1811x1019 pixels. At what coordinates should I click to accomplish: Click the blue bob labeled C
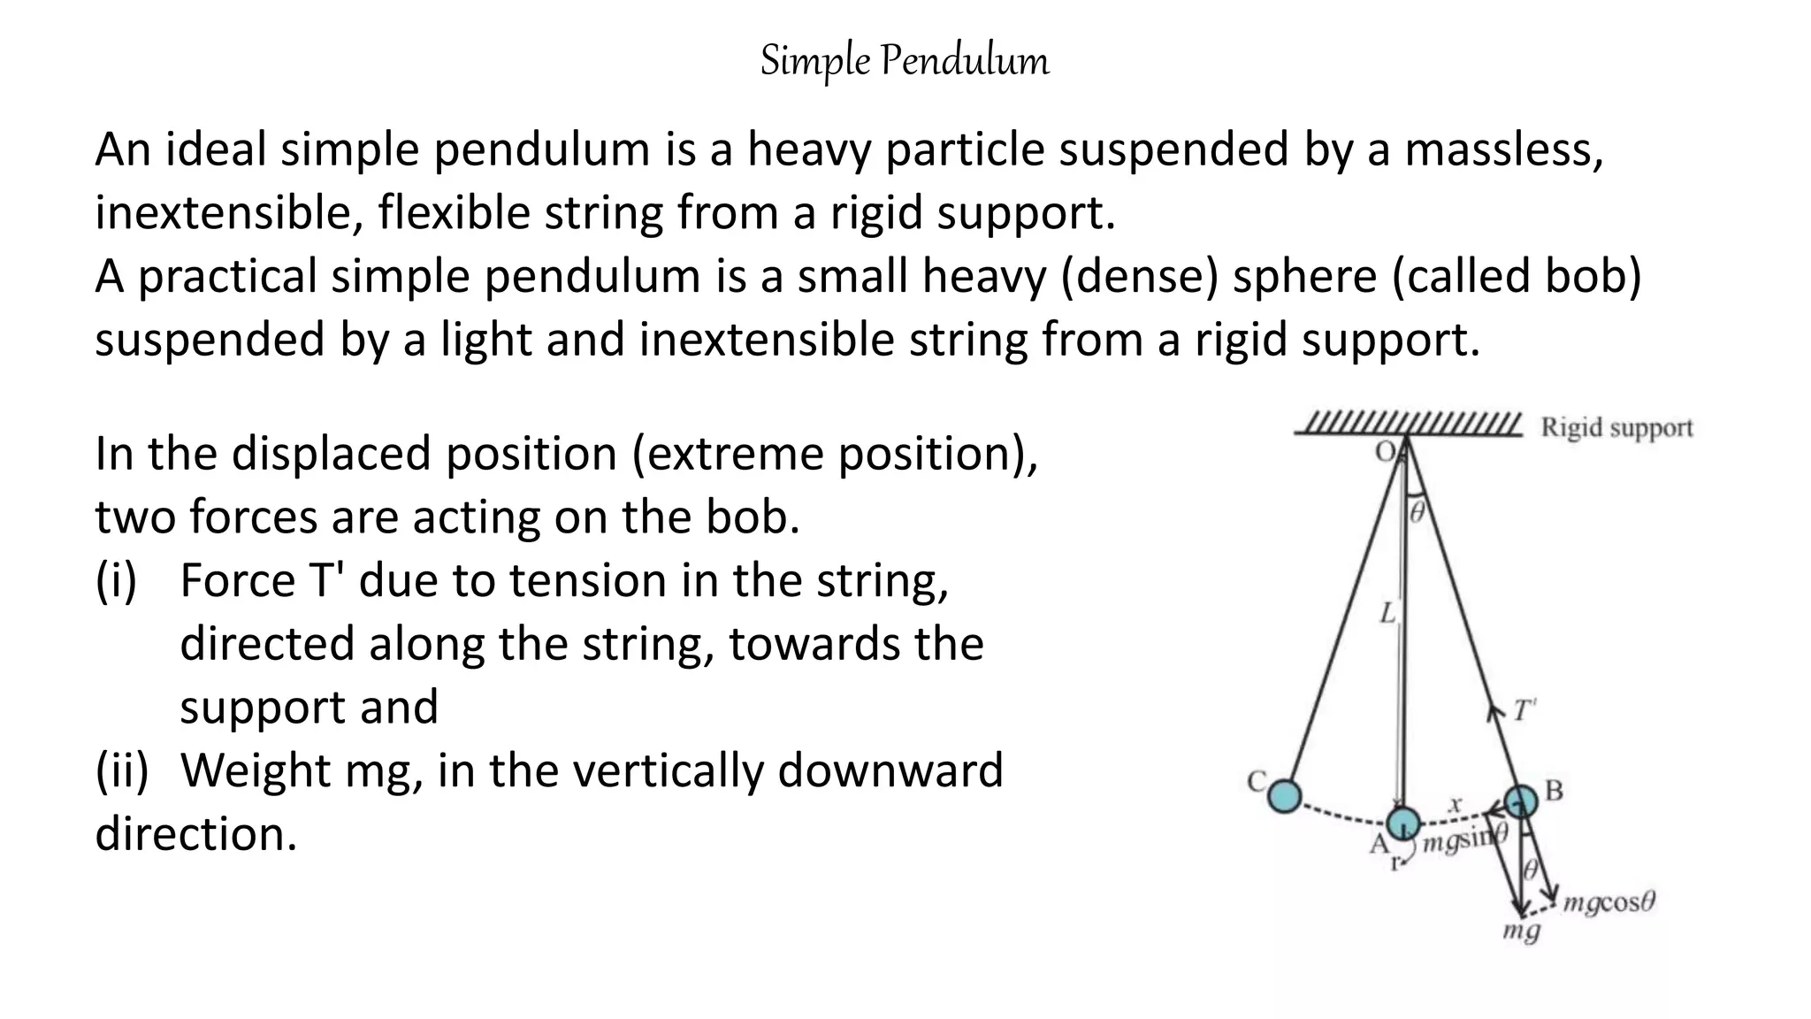[x=1284, y=796]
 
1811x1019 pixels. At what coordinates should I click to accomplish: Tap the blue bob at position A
[x=1402, y=823]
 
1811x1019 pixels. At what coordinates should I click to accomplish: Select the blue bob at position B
[x=1521, y=801]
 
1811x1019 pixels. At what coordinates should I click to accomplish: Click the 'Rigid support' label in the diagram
[x=1616, y=428]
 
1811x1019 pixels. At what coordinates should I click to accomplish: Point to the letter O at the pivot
[x=1385, y=452]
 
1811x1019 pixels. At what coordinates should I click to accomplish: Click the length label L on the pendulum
[x=1387, y=613]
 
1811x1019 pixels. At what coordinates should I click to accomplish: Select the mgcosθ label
[x=1609, y=903]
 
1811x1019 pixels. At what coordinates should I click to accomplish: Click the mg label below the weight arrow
[x=1521, y=931]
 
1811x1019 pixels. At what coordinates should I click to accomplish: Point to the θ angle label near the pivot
[x=1417, y=512]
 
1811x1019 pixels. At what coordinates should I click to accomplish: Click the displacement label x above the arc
[x=1455, y=804]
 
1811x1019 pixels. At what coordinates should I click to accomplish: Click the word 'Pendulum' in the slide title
[x=965, y=61]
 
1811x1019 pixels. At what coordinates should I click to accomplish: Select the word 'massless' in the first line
[x=1502, y=149]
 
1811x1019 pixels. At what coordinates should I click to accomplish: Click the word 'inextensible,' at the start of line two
[x=229, y=213]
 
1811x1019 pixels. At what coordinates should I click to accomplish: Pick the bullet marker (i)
[x=116, y=581]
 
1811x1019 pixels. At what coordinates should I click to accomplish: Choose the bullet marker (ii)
[x=122, y=770]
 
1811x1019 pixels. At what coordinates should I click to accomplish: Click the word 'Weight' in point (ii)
[x=255, y=770]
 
